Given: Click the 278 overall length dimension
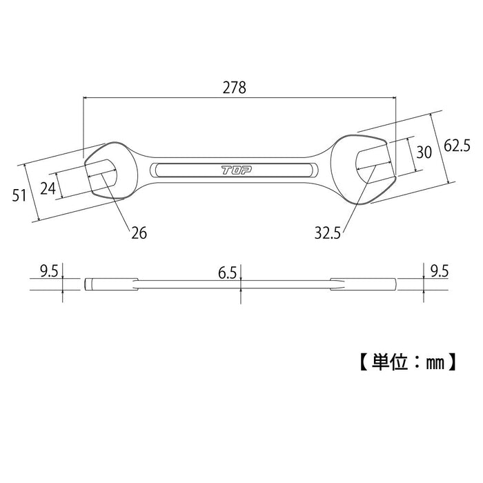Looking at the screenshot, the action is [x=235, y=88].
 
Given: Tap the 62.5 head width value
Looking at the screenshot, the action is [x=457, y=146].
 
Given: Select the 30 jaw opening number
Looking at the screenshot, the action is [x=424, y=152].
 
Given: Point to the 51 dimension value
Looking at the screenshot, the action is [x=19, y=195].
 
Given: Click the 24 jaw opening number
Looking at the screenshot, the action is [x=48, y=188].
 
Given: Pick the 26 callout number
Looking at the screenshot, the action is [x=139, y=233].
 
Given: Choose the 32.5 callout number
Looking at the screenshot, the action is [x=328, y=233].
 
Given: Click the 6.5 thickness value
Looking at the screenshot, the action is [x=227, y=273].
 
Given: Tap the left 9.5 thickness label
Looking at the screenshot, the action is [x=49, y=271].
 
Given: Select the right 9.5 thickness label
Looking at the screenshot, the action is [x=440, y=271].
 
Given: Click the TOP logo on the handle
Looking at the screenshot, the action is [x=237, y=170].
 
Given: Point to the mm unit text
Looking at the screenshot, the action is [x=435, y=363].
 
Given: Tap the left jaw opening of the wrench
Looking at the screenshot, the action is [x=101, y=178].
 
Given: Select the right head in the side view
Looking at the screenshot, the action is [x=364, y=284].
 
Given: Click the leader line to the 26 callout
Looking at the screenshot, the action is [x=115, y=201].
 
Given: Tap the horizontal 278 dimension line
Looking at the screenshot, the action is [x=239, y=98].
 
